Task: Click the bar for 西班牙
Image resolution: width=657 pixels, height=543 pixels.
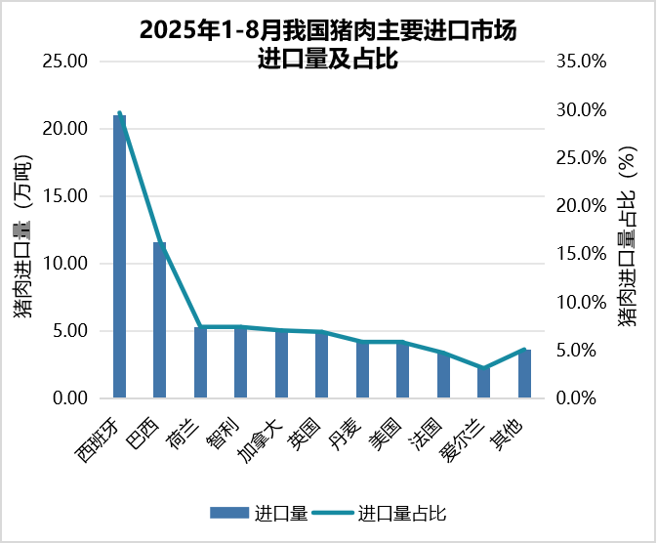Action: click(x=119, y=257)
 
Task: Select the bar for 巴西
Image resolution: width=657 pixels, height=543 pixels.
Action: click(x=159, y=320)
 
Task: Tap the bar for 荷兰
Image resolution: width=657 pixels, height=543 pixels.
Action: click(x=200, y=362)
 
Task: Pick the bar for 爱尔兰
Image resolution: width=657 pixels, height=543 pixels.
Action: click(x=483, y=383)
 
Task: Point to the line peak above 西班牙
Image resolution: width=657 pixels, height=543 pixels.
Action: click(x=119, y=114)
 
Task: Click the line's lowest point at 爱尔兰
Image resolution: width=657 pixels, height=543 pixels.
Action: click(x=483, y=368)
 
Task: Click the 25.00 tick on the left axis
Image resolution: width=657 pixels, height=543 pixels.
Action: click(x=67, y=62)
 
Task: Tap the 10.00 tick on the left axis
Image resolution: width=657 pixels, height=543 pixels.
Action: click(x=67, y=264)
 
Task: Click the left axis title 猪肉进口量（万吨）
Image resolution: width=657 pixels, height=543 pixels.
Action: click(x=22, y=230)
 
